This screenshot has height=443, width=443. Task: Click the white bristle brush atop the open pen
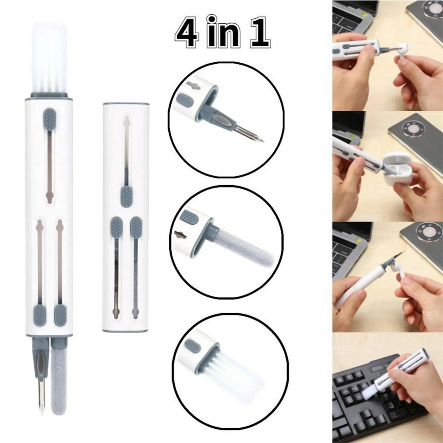(x=49, y=58)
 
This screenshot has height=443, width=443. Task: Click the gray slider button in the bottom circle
(x=193, y=346)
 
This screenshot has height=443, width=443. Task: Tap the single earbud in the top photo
(x=403, y=48)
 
